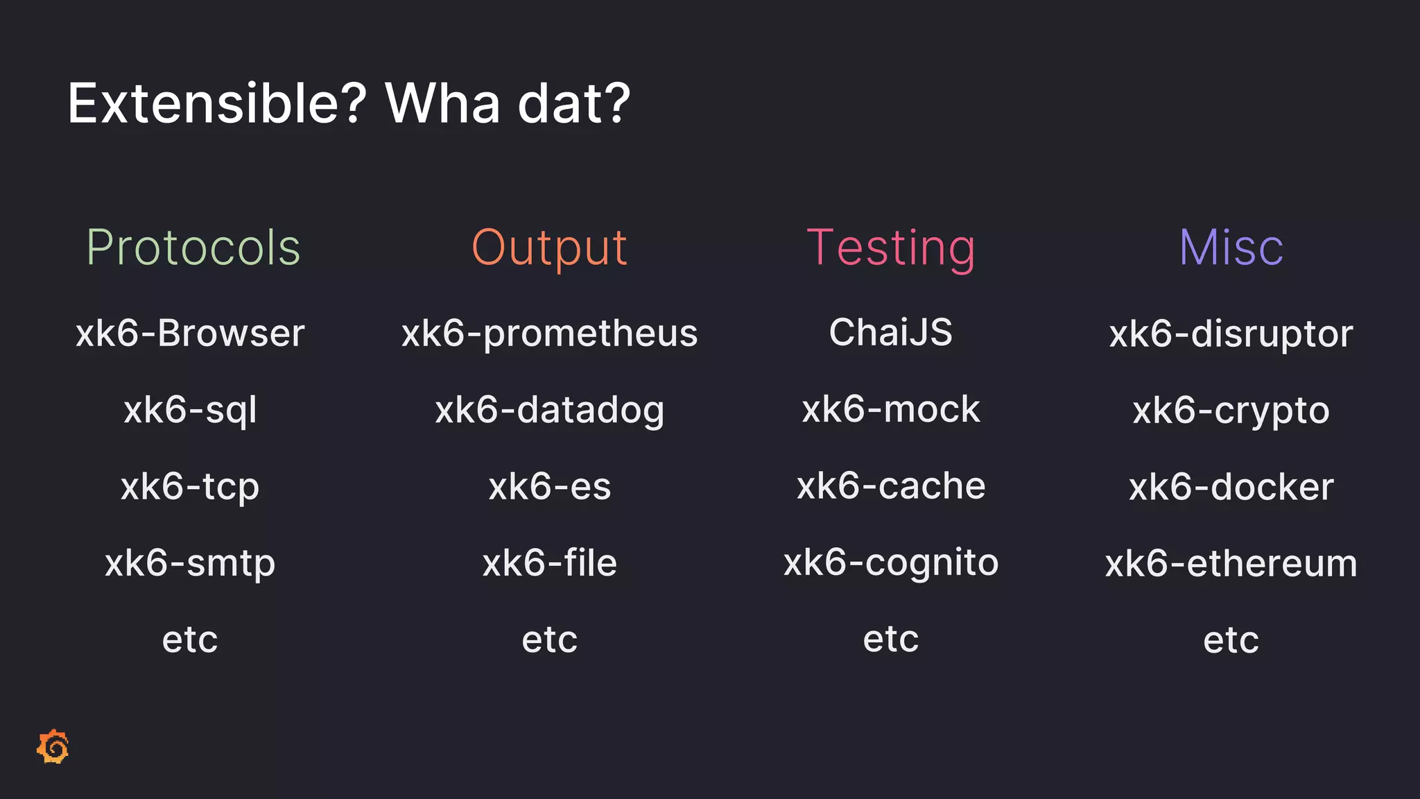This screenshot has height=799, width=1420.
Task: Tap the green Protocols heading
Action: pyautogui.click(x=193, y=248)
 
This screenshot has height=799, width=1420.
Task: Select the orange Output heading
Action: pyautogui.click(x=549, y=248)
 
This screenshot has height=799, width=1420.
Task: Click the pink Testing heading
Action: pyautogui.click(x=891, y=248)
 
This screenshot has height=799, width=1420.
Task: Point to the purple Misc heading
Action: pyautogui.click(x=1231, y=248)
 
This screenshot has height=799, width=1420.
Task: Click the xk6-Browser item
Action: pyautogui.click(x=190, y=334)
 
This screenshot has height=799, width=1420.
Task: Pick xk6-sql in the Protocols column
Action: pyautogui.click(x=190, y=410)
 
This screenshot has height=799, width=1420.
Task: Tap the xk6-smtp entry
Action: pyautogui.click(x=190, y=562)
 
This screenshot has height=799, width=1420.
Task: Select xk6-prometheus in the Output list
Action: pyautogui.click(x=549, y=334)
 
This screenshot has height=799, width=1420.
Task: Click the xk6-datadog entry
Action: pyautogui.click(x=549, y=410)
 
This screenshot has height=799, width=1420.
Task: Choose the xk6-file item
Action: pyautogui.click(x=549, y=562)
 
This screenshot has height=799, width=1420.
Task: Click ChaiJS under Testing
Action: pyautogui.click(x=891, y=332)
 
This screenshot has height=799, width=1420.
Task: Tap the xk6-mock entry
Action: pyautogui.click(x=891, y=409)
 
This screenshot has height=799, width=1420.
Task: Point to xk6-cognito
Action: pyautogui.click(x=891, y=562)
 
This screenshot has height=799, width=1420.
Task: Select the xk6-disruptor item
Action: pyautogui.click(x=1231, y=334)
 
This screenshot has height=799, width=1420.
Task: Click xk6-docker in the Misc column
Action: pyautogui.click(x=1231, y=487)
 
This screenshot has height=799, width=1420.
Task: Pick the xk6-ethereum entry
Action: pyautogui.click(x=1231, y=563)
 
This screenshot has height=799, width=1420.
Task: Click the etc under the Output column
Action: pyautogui.click(x=549, y=639)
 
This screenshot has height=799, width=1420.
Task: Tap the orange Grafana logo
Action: pyautogui.click(x=53, y=747)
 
